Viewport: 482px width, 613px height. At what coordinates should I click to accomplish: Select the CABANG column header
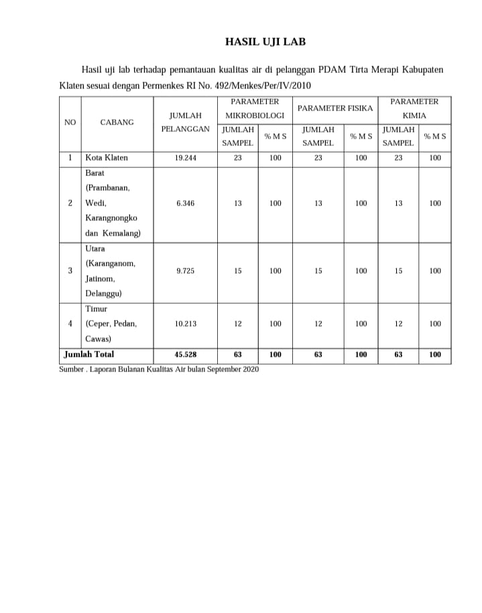117,122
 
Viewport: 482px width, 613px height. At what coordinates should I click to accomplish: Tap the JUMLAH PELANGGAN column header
185,122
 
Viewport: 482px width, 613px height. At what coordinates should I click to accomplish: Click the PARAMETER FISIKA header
335,108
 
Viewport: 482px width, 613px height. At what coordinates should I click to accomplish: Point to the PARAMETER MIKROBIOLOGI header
255,108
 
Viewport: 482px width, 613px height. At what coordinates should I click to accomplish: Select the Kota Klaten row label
107,159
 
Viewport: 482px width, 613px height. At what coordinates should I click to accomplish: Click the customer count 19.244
185,159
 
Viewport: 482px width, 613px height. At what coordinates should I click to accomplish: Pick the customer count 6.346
185,203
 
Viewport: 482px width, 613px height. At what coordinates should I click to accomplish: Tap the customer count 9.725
185,271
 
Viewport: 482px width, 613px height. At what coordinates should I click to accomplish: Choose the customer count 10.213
185,324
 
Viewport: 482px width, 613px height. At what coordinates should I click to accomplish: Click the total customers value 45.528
185,355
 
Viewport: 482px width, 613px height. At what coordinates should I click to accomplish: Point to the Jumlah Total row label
88,355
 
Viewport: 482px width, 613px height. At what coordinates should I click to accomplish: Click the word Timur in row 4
97,309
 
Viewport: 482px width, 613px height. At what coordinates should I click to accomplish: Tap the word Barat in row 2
95,173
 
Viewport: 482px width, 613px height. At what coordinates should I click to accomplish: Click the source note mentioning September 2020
159,369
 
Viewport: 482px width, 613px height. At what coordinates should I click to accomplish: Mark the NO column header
70,122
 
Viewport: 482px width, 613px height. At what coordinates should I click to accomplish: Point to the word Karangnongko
111,218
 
